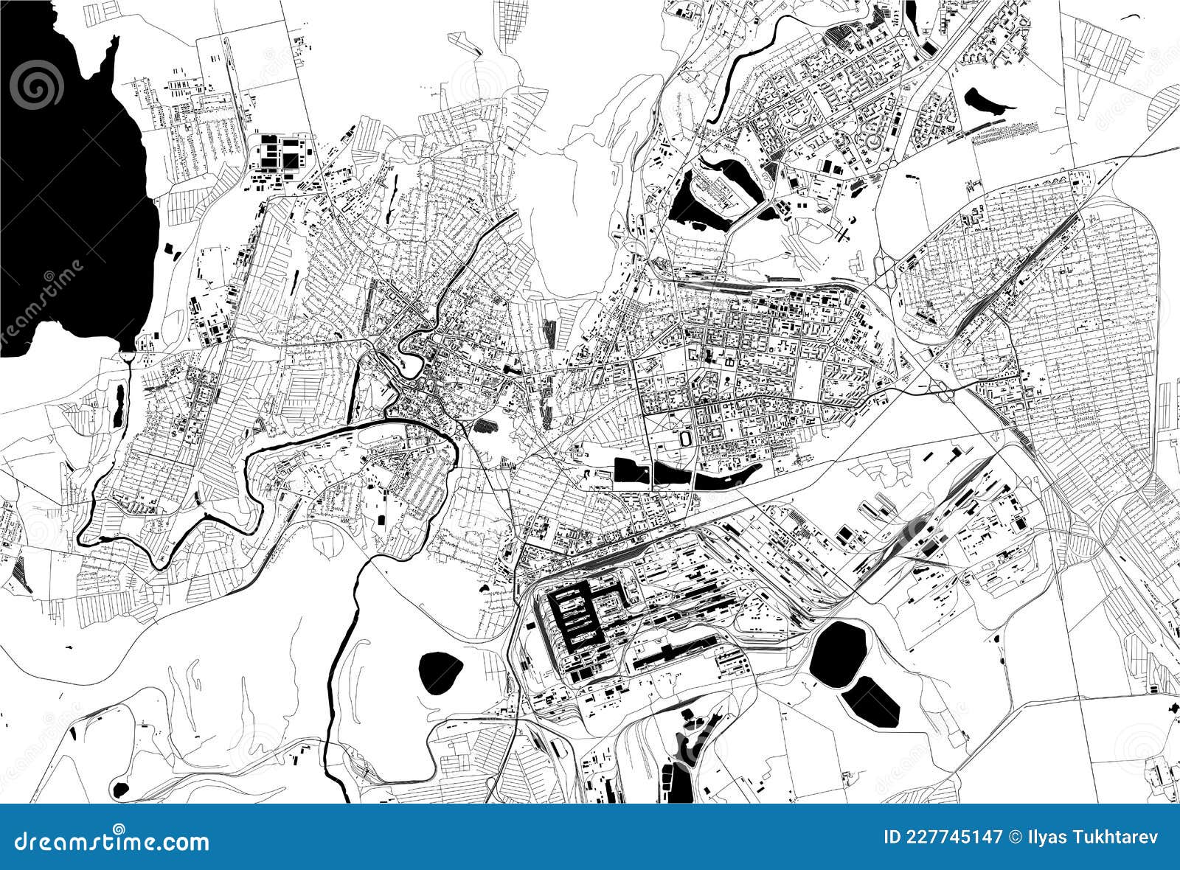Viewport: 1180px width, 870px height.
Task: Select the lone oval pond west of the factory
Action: tap(440, 672)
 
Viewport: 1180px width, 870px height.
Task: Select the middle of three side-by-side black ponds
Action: tap(671, 476)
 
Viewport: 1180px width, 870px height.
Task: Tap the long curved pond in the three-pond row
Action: tap(726, 479)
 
